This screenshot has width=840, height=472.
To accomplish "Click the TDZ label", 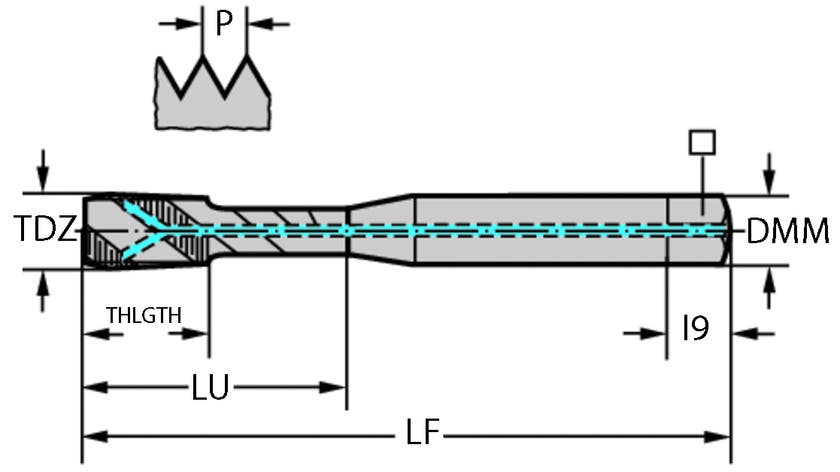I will click(45, 231).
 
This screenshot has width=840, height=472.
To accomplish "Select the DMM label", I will click(788, 232).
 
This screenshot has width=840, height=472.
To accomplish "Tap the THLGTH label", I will click(145, 316).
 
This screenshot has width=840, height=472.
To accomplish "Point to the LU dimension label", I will click(210, 386).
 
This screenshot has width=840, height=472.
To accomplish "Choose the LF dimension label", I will click(423, 434).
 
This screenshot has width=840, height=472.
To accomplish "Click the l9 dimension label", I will click(696, 329).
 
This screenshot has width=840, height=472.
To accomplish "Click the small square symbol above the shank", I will click(702, 141).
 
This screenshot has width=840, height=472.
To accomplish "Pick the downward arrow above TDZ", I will click(41, 165).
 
